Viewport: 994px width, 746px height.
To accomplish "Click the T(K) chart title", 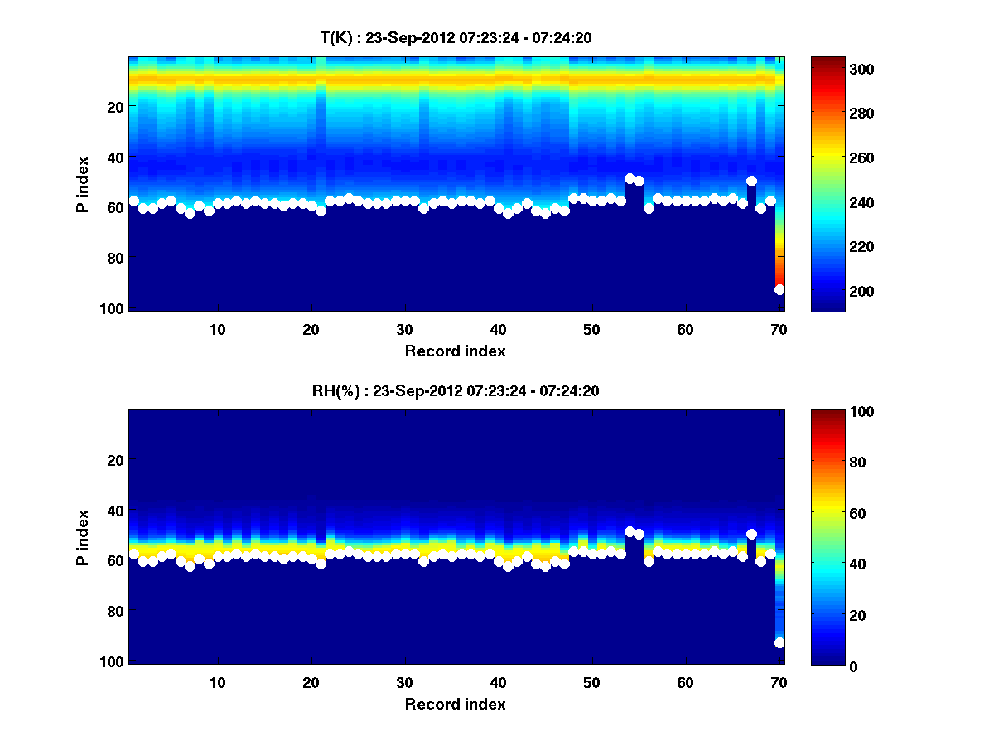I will coord(456,37).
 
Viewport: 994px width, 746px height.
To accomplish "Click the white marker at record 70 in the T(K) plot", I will coord(779,289).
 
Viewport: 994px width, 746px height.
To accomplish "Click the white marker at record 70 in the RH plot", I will coord(779,642).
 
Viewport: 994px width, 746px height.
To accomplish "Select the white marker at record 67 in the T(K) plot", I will coord(751,181).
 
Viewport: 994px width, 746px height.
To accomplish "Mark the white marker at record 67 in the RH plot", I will coord(751,535).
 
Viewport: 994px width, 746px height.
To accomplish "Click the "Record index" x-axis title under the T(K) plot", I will coord(456,351).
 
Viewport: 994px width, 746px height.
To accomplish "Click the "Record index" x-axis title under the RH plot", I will coord(456,704).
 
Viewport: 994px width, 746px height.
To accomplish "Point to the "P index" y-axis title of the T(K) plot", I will coord(83,184).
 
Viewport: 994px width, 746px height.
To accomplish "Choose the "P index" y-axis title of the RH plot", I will coord(83,537).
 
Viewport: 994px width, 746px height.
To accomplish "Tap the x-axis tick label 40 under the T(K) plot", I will coord(498,328).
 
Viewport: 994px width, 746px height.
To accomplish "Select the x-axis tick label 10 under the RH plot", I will coord(218,682).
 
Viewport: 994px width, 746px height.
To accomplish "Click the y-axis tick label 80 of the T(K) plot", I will coord(114,258).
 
